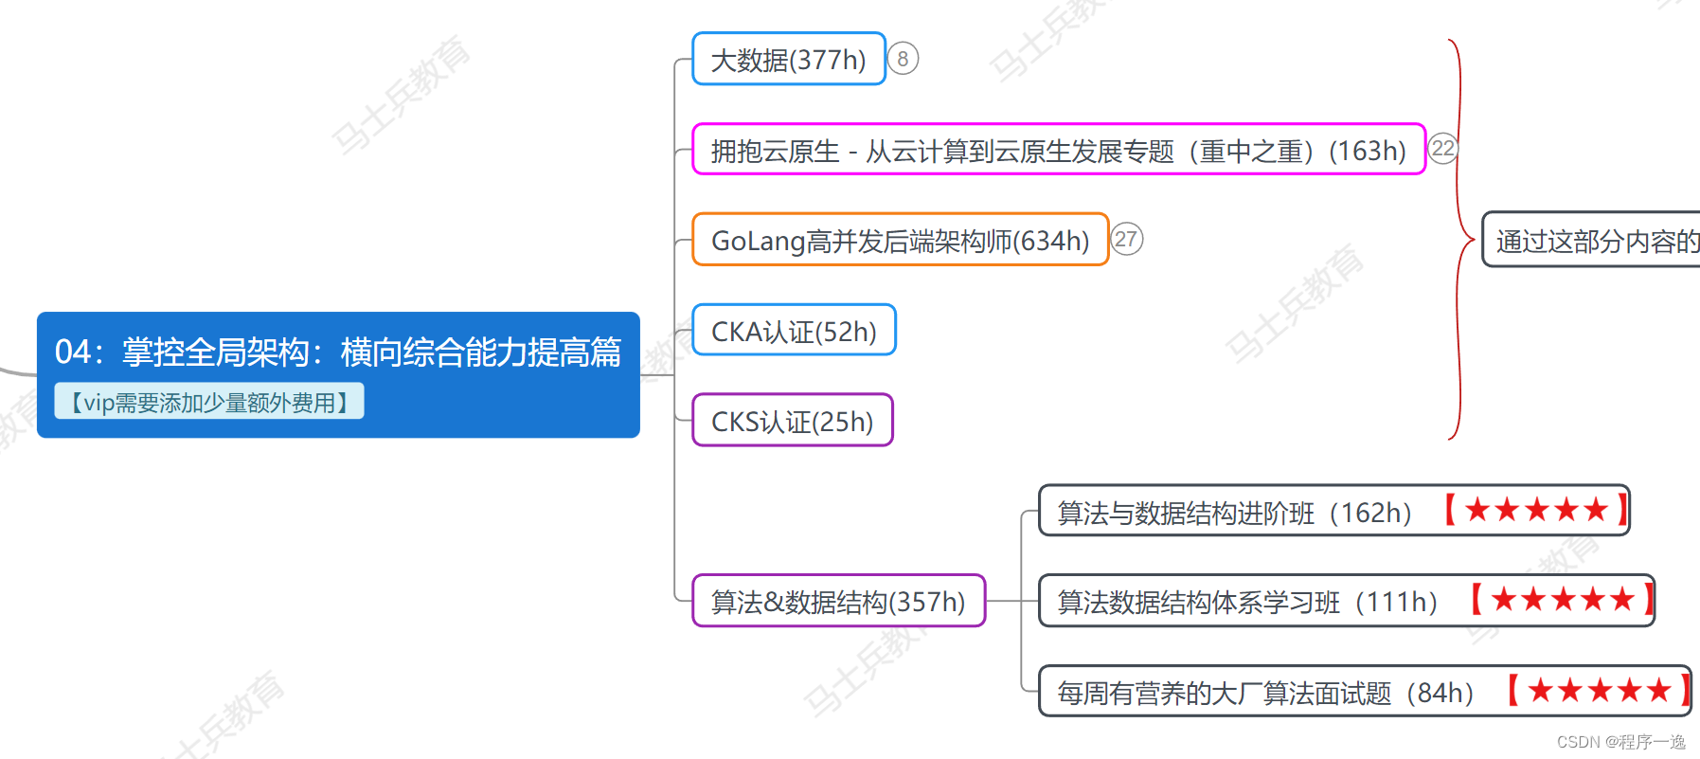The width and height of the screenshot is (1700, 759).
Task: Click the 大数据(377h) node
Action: click(788, 60)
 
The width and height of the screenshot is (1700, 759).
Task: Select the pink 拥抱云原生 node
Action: click(1058, 150)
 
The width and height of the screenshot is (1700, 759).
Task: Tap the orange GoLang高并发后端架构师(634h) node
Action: click(900, 240)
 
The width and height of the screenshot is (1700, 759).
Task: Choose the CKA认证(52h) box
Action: click(794, 331)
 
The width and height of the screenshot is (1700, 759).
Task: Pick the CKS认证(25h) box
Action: click(792, 421)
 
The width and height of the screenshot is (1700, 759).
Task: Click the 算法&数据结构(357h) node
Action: click(838, 601)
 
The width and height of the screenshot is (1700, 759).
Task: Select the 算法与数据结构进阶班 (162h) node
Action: click(1233, 512)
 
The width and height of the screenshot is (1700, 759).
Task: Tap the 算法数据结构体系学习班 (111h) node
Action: click(1246, 601)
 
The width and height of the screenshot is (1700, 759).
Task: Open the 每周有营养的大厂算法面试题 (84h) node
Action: click(1265, 692)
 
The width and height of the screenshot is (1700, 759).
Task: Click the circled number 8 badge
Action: click(903, 59)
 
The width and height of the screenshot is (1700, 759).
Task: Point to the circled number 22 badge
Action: click(1442, 149)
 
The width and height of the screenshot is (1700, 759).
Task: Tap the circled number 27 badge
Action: click(1126, 239)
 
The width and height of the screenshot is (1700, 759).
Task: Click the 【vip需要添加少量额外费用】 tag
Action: click(209, 402)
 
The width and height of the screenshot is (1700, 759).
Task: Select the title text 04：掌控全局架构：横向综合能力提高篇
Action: click(338, 352)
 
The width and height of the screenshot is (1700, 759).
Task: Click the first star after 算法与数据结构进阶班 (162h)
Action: click(1477, 510)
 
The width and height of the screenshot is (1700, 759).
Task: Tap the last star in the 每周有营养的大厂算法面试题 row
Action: click(1659, 690)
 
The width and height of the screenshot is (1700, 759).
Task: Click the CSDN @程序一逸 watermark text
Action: click(1620, 742)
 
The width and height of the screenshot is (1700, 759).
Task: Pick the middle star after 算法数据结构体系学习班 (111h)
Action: click(1563, 599)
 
